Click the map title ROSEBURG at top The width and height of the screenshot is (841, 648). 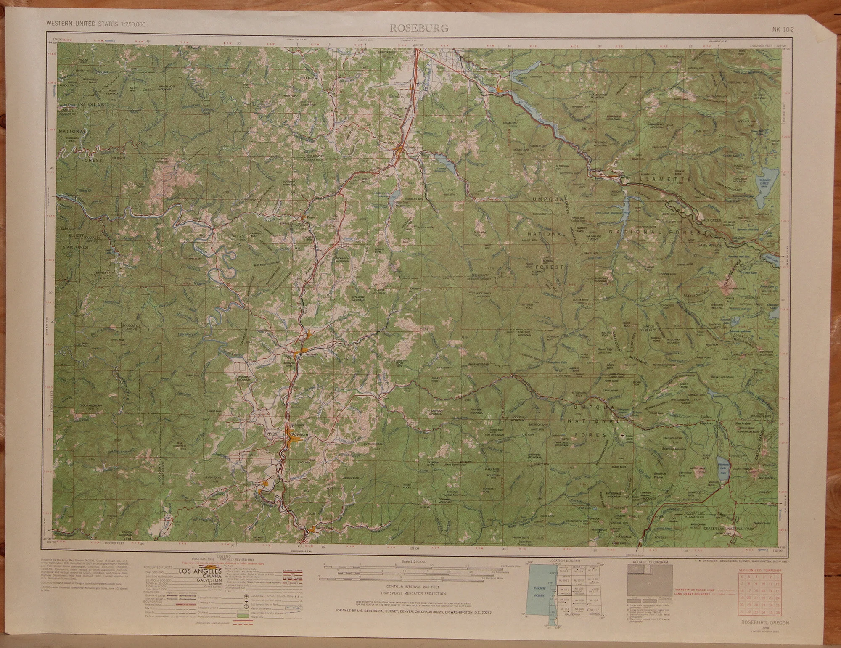(x=418, y=29)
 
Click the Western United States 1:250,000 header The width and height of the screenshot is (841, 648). (x=96, y=24)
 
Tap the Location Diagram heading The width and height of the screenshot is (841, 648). (x=564, y=561)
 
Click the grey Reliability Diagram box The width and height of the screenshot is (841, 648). (x=650, y=580)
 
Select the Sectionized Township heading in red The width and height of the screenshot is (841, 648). (x=762, y=570)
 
